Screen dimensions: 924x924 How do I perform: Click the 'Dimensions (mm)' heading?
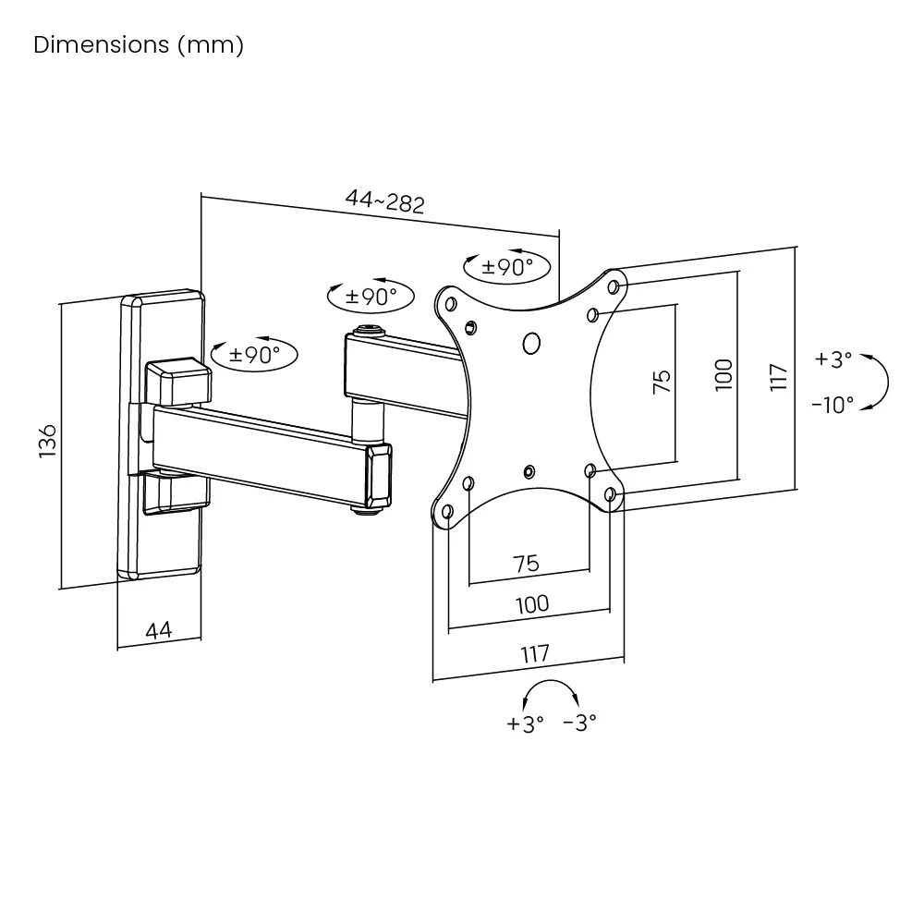tap(139, 45)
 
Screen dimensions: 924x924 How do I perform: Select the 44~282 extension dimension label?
tap(384, 201)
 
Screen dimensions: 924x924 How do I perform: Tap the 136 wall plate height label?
tap(47, 441)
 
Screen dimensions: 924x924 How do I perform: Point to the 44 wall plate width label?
tap(159, 630)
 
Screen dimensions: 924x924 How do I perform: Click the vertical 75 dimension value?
tap(662, 382)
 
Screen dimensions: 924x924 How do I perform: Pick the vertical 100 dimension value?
tap(723, 375)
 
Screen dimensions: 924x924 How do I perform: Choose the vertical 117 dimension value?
tap(778, 377)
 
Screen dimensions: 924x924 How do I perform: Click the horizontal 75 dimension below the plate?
tap(527, 564)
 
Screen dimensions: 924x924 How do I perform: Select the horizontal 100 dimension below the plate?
tap(532, 604)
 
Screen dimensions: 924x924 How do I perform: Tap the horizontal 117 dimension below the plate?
tap(534, 653)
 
